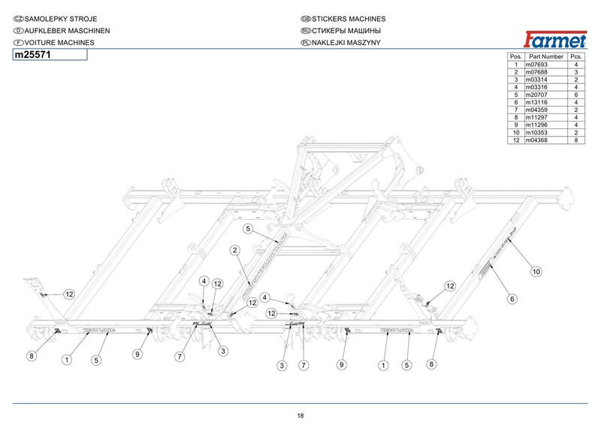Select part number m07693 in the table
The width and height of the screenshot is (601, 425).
538,65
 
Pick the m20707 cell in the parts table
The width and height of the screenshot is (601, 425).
538,95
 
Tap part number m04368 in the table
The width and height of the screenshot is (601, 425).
538,140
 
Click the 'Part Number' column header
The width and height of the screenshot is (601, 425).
546,57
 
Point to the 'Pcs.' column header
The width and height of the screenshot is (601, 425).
575,57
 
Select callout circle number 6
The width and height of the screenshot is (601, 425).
512,300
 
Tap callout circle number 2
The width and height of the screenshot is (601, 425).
235,250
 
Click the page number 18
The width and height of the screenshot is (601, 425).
300,416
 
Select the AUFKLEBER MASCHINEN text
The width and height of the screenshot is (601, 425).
62,30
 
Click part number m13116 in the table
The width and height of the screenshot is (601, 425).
538,103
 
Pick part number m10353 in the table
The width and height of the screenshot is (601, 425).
538,133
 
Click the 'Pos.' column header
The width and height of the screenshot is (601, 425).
515,57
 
